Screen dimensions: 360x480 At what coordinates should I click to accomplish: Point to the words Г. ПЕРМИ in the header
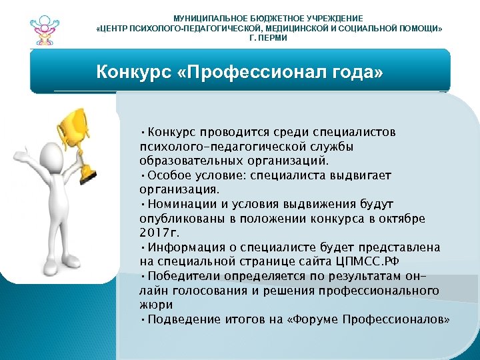(268, 38)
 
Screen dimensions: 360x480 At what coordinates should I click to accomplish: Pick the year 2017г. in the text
(160, 233)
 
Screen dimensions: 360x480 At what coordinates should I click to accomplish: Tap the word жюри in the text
(155, 305)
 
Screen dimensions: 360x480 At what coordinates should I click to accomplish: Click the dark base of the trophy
(87, 177)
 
